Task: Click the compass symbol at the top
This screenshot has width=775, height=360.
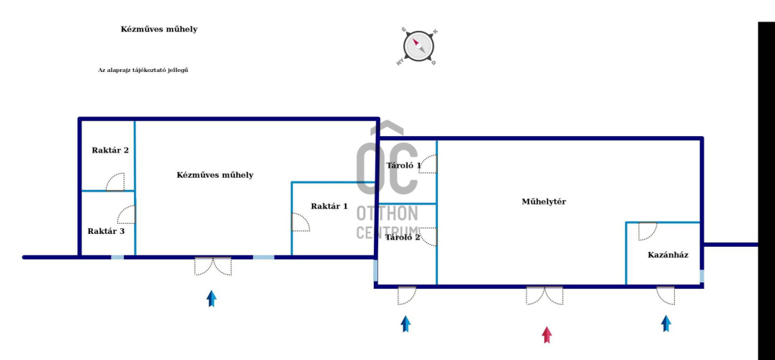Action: coord(418,47)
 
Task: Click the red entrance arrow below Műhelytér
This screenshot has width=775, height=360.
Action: coord(547,334)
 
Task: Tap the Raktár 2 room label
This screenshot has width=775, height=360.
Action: coord(110,150)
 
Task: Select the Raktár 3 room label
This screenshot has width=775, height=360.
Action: coord(106,231)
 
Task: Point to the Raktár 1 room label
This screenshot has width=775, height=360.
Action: coord(329,207)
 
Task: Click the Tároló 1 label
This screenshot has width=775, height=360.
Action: coord(403,166)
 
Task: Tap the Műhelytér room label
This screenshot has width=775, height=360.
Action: coord(544,202)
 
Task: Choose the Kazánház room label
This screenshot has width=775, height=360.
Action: coord(668,255)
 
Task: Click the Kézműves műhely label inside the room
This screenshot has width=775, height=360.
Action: coord(215,175)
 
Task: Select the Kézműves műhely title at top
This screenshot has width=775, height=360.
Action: coord(158,30)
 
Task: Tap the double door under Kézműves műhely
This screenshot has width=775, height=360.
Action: coord(213,266)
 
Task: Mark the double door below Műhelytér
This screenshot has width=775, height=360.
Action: coord(545,294)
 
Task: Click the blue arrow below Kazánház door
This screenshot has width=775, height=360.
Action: coord(666,323)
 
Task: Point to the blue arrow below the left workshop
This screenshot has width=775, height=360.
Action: coord(211,298)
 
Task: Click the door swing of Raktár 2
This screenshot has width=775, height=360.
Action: coord(116,182)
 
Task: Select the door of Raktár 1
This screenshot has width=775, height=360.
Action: coord(300,222)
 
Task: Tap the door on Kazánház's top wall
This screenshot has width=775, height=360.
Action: coord(648,230)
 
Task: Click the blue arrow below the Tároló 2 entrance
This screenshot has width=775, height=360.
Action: coord(406,324)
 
